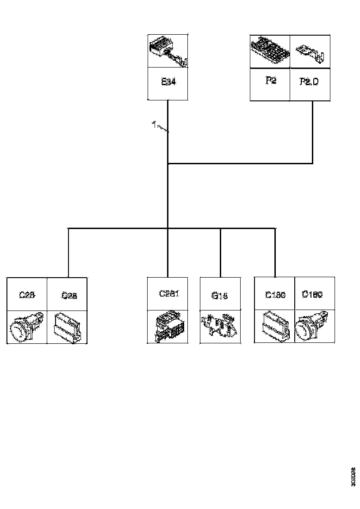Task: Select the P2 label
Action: [x=271, y=81]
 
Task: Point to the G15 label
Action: [x=219, y=296]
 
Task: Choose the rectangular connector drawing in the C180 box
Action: [x=274, y=327]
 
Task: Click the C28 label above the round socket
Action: [x=27, y=294]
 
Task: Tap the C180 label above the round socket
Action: [x=312, y=294]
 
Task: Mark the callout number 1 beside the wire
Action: [x=153, y=124]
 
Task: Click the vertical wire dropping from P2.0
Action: [x=313, y=132]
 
